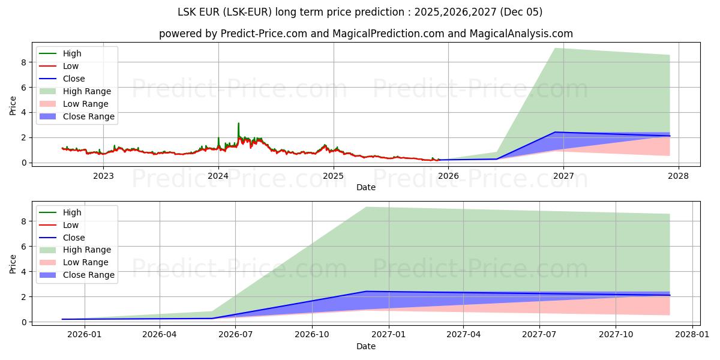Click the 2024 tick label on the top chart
point(218,176)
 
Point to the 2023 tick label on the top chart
point(103,176)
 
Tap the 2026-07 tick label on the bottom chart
point(235,335)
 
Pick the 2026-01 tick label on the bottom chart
point(85,335)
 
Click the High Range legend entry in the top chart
point(86,91)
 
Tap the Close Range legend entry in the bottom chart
point(89,275)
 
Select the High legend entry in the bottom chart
point(73,212)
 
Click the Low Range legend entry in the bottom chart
point(86,262)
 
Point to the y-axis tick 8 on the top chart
point(24,62)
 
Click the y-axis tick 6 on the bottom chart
point(24,246)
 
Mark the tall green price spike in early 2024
point(238,124)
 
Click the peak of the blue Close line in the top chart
point(555,132)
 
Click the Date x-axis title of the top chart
point(366,187)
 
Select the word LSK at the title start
point(187,12)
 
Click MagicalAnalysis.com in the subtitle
point(523,34)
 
